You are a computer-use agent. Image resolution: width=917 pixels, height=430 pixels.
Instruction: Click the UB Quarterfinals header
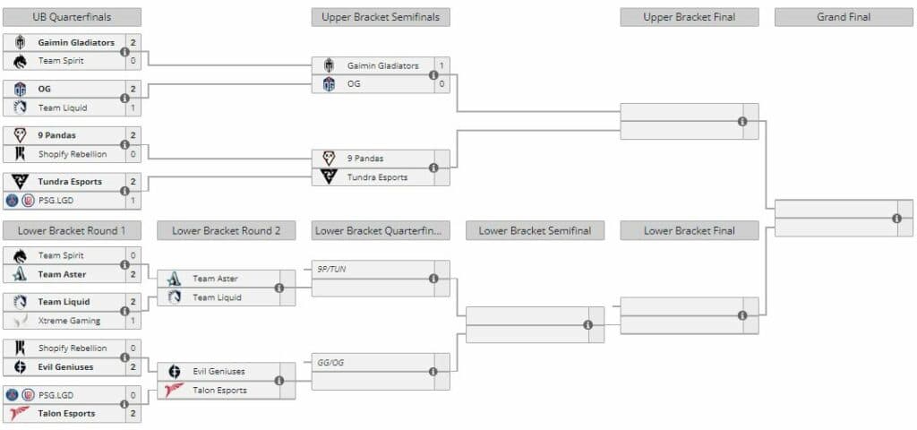click(x=73, y=17)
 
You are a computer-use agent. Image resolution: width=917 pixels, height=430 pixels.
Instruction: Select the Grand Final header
click(x=844, y=17)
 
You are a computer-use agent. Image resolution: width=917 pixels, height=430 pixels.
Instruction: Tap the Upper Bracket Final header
click(x=689, y=17)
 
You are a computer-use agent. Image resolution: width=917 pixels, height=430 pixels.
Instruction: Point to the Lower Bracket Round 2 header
click(x=227, y=230)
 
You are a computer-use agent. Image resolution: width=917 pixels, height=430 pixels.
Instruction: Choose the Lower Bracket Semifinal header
click(x=535, y=230)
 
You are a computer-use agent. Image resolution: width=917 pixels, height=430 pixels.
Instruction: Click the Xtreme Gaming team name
click(x=69, y=321)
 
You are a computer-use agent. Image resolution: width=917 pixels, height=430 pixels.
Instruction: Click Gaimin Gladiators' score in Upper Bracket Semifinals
click(x=441, y=65)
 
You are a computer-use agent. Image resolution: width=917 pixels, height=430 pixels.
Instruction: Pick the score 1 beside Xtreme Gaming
click(x=133, y=321)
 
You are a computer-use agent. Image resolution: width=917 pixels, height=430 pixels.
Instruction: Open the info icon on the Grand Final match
click(x=896, y=219)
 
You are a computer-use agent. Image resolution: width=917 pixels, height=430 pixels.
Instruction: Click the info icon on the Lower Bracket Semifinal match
click(x=588, y=324)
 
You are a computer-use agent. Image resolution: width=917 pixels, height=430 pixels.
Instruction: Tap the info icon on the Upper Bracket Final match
click(x=742, y=121)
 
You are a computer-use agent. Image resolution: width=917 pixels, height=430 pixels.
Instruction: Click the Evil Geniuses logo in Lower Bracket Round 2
click(x=175, y=371)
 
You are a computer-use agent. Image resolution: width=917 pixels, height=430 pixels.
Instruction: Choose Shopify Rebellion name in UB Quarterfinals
click(x=73, y=154)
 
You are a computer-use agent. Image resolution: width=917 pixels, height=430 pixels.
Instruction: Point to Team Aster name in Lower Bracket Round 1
click(x=62, y=274)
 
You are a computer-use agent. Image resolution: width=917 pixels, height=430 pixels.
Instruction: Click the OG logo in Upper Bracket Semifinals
click(x=329, y=84)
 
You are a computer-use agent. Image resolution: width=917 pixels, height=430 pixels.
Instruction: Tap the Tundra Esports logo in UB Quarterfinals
click(x=20, y=182)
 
